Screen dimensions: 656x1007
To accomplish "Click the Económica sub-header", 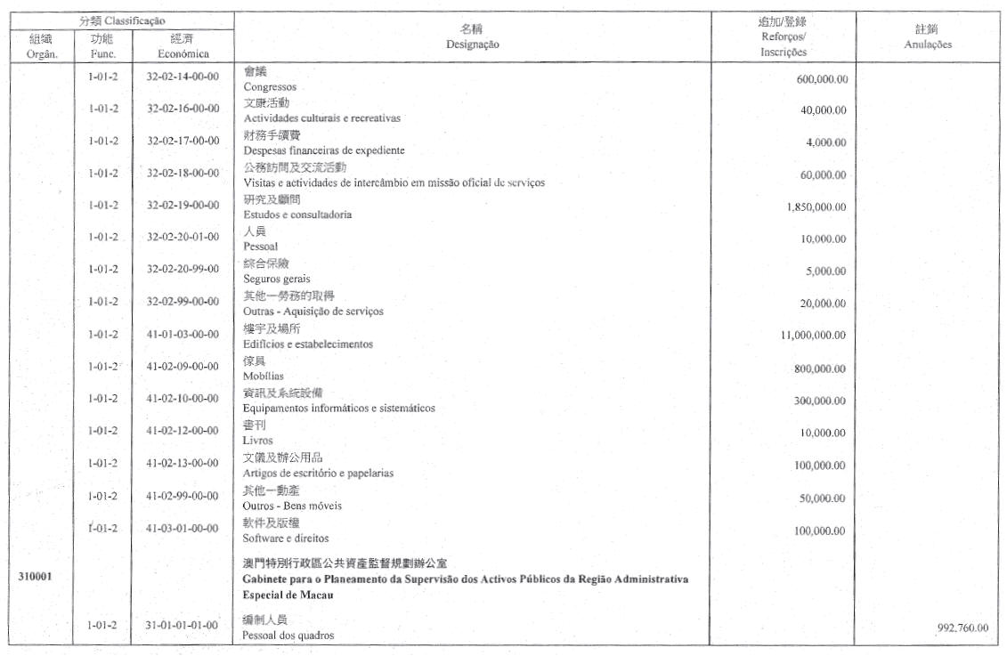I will pyautogui.click(x=182, y=53).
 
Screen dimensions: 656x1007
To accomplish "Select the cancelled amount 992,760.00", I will pyautogui.click(x=962, y=628).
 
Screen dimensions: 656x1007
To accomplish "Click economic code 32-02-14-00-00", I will pyautogui.click(x=182, y=77).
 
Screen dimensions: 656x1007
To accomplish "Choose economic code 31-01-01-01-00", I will pyautogui.click(x=182, y=626).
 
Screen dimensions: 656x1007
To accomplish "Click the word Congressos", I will pyautogui.click(x=270, y=87).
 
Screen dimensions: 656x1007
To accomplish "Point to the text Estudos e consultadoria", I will pyautogui.click(x=297, y=215).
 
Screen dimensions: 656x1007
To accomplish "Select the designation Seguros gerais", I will pyautogui.click(x=277, y=279).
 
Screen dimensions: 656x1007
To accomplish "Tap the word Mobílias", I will pyautogui.click(x=264, y=377).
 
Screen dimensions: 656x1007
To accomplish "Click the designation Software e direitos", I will pyautogui.click(x=286, y=538).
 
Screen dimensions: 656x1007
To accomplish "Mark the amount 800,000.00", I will pyautogui.click(x=820, y=368).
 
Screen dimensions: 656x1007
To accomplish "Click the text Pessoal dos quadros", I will pyautogui.click(x=289, y=636).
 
